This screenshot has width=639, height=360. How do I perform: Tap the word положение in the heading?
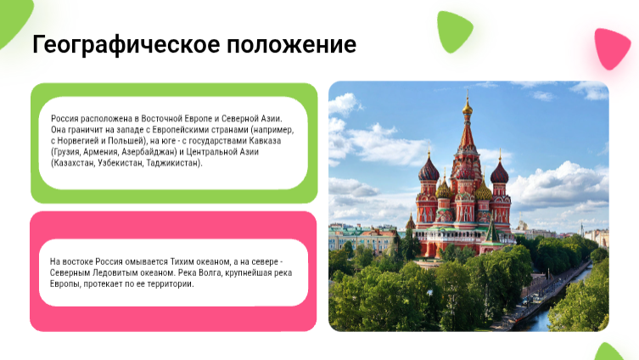click(x=291, y=44)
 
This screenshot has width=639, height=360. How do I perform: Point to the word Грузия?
click(x=66, y=152)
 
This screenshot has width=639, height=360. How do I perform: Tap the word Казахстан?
click(x=73, y=163)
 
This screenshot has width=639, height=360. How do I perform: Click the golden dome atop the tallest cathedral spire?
click(x=468, y=109)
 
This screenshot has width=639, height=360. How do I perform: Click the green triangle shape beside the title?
click(x=454, y=31)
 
